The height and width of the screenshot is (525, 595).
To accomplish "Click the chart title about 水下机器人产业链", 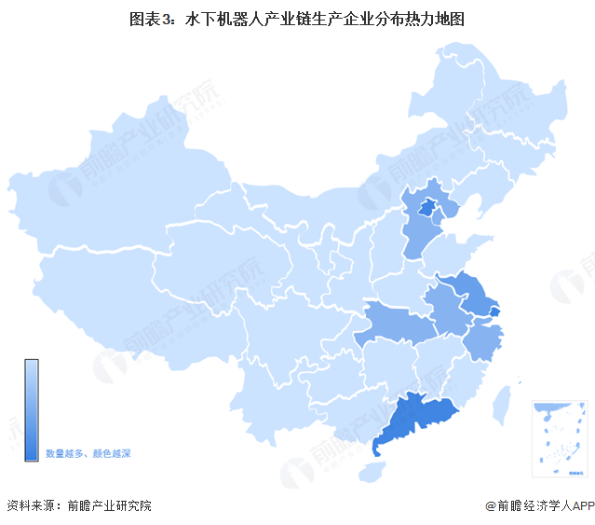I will (x=298, y=18).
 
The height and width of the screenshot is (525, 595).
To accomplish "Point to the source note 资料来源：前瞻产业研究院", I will (x=78, y=505).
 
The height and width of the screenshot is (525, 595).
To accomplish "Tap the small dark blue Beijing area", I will (x=428, y=207).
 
